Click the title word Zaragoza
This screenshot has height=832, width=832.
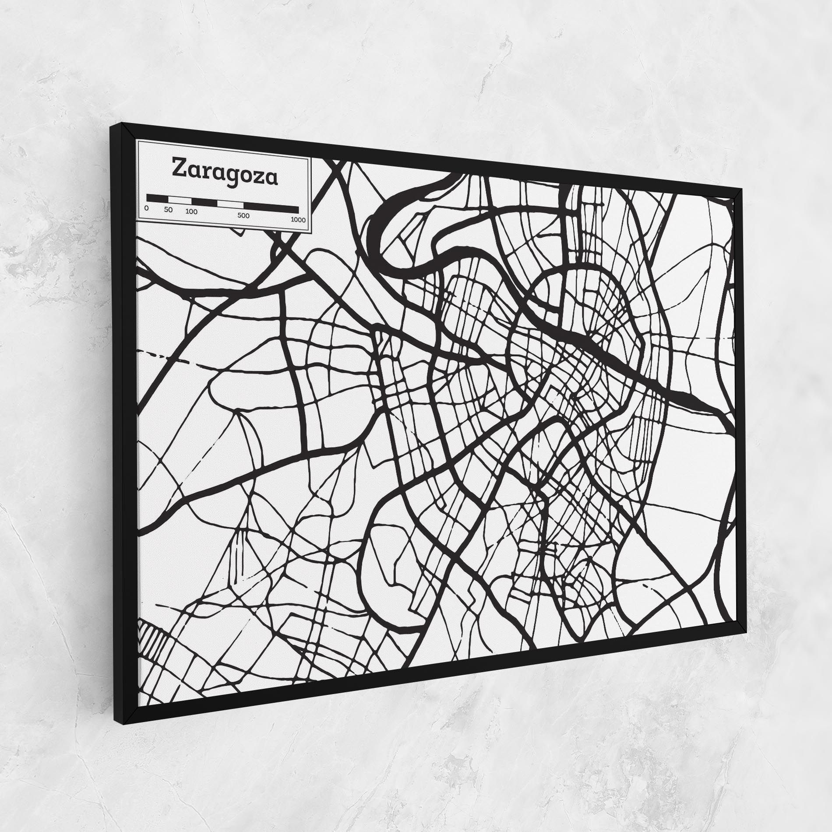pyautogui.click(x=225, y=172)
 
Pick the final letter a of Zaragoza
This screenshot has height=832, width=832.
pyautogui.click(x=271, y=178)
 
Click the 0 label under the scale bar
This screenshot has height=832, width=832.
pyautogui.click(x=146, y=208)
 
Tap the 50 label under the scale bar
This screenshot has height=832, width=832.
pyautogui.click(x=169, y=210)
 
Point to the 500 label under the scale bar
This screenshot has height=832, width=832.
pyautogui.click(x=243, y=215)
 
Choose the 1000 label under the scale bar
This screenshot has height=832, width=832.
pyautogui.click(x=298, y=219)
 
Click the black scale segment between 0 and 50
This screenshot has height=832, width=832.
pyautogui.click(x=157, y=198)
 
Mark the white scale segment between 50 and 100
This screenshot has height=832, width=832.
pyautogui.click(x=180, y=200)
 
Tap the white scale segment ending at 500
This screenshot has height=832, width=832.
pyautogui.click(x=230, y=204)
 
